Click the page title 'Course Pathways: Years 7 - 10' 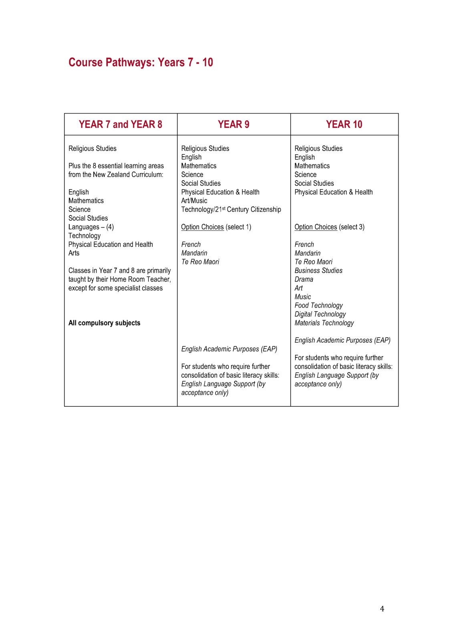[x=141, y=62]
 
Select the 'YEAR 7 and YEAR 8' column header [x=121, y=124]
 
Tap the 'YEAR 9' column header [x=234, y=124]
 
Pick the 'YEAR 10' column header [x=344, y=124]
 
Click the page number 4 [x=382, y=609]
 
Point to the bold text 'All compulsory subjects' [x=104, y=323]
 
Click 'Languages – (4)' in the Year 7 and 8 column [x=91, y=227]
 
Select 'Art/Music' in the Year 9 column [x=194, y=200]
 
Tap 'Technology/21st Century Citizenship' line [x=231, y=209]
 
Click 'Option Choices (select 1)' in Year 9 [x=216, y=227]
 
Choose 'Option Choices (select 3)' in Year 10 [x=329, y=227]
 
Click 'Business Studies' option [x=318, y=270]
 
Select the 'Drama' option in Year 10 [x=304, y=279]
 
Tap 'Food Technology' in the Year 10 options [x=318, y=305]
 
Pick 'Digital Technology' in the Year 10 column [x=320, y=314]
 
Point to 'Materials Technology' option [x=324, y=323]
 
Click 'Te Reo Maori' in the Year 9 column [x=200, y=262]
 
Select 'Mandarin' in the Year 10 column [x=307, y=253]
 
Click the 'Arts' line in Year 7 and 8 [x=74, y=253]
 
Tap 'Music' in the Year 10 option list [x=302, y=297]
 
